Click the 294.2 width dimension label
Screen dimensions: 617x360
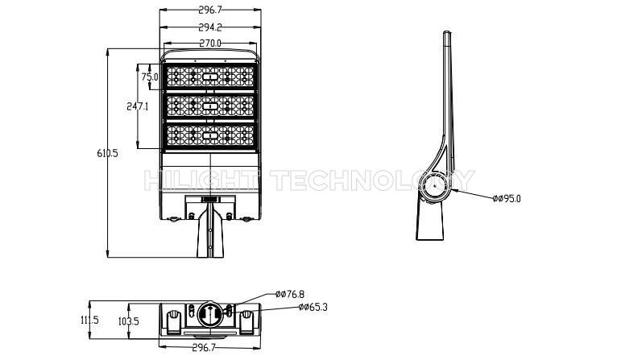pos(210,27)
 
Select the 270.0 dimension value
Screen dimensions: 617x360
pos(210,43)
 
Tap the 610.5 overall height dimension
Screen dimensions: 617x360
pos(107,153)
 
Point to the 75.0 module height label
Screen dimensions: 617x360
pos(150,77)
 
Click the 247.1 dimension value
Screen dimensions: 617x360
pos(137,106)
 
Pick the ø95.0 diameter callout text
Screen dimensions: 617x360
pos(507,199)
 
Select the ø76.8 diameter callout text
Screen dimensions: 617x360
pos(290,294)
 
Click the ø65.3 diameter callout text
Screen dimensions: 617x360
pos(313,307)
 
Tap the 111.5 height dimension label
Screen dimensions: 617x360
pos(89,320)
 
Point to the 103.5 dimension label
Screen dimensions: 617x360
pos(129,321)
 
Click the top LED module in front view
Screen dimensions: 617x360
pos(210,77)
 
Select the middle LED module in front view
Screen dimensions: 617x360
pos(210,106)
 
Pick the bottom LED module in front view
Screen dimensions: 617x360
pos(210,135)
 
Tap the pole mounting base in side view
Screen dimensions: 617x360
pos(429,221)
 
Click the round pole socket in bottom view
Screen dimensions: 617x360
pos(210,314)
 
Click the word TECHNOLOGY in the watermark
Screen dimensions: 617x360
pos(374,180)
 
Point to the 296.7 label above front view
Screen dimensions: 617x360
pos(210,10)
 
